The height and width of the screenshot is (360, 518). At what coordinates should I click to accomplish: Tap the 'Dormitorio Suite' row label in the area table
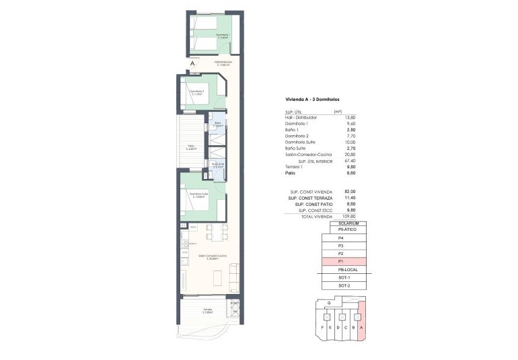[300, 142]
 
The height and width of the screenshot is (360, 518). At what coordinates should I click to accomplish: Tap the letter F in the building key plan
[323, 328]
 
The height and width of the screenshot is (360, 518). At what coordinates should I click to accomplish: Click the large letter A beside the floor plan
[192, 63]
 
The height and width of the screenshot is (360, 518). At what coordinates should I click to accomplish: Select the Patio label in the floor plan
[190, 146]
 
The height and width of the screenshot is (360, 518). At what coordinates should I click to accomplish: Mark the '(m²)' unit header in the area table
[338, 112]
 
